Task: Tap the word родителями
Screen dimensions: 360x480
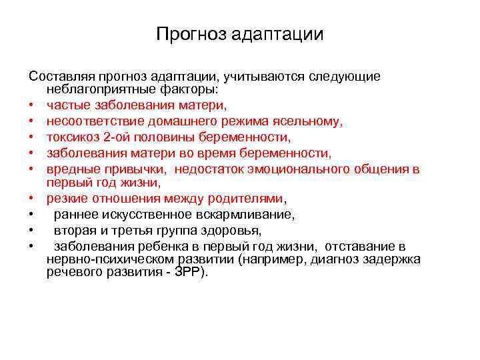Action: pos(247,199)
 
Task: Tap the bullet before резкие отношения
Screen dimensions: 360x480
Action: pos(32,199)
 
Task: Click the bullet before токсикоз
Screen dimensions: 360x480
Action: pos(32,138)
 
